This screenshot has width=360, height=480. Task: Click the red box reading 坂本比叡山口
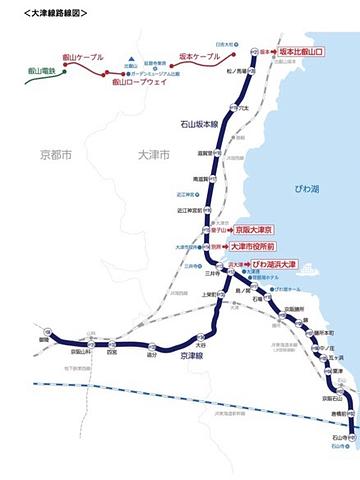(x=299, y=50)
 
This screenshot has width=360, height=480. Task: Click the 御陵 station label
(x=45, y=340)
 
